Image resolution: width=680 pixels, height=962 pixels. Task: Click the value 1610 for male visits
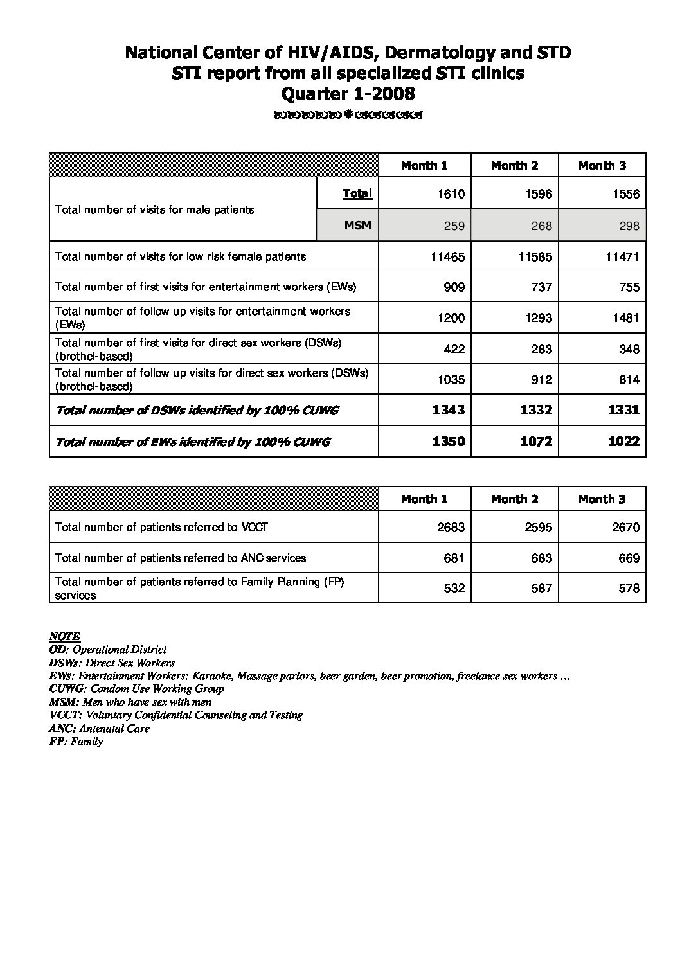451,194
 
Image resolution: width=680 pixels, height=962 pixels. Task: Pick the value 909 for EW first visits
454,287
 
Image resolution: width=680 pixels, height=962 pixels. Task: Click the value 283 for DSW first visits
541,349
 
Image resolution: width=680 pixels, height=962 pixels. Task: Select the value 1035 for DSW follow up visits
451,380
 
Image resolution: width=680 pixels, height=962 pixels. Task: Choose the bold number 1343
449,410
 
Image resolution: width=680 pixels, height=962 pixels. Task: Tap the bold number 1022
623,441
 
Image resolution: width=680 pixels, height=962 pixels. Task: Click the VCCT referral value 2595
538,528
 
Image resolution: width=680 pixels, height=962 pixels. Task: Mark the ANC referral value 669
629,558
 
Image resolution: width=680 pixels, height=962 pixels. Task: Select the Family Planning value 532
454,589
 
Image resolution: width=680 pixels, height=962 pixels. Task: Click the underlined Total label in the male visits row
357,193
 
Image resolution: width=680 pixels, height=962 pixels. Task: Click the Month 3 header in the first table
602,166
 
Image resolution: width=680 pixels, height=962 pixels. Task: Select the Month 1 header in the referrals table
424,499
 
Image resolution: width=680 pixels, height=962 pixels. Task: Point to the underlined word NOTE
64,636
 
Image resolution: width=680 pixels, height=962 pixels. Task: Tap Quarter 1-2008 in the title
348,94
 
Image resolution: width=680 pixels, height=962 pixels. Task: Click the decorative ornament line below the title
348,116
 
